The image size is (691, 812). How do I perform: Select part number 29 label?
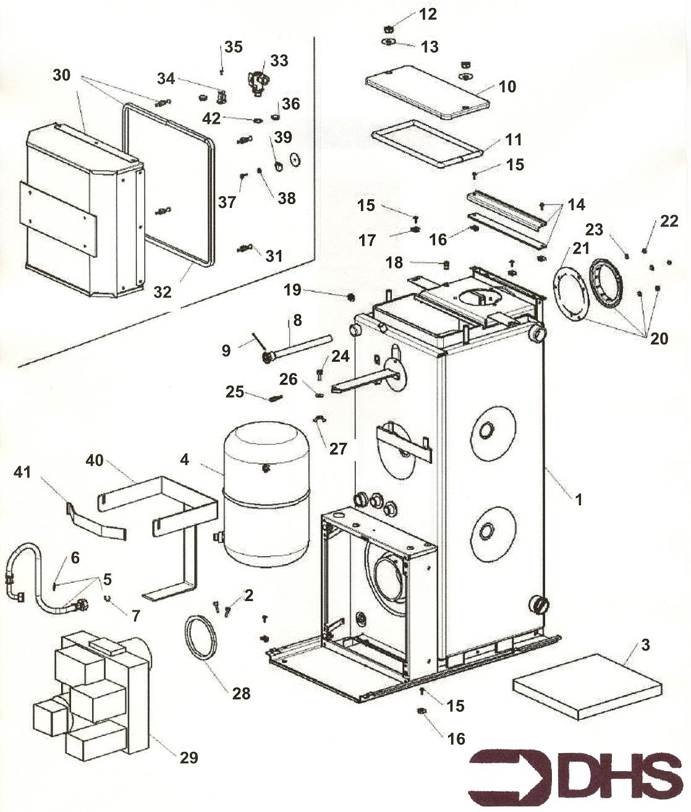(x=189, y=757)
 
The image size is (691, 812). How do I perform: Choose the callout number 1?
(x=579, y=499)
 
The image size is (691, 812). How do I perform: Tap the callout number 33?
(x=279, y=61)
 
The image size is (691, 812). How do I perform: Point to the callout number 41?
(x=22, y=472)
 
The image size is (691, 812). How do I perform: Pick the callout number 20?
(x=659, y=338)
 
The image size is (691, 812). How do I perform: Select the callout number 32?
(x=162, y=291)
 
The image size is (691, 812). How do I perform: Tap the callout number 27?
(x=338, y=448)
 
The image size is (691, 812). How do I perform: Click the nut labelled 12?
(x=389, y=28)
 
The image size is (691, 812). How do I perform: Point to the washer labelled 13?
(x=389, y=41)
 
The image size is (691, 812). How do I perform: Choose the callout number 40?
(x=95, y=461)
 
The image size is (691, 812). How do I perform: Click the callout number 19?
(x=292, y=289)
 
